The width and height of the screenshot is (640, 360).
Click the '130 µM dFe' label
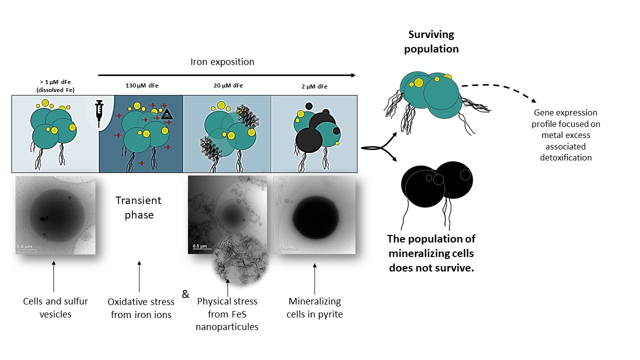(141, 86)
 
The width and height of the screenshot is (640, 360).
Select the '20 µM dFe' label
(227, 86)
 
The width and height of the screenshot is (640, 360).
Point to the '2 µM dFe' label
(314, 86)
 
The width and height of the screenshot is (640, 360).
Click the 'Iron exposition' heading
(222, 62)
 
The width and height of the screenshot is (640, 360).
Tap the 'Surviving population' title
(431, 42)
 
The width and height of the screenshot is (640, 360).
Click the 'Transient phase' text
(138, 207)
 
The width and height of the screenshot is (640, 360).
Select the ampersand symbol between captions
(185, 294)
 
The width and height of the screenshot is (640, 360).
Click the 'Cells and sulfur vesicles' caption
(55, 307)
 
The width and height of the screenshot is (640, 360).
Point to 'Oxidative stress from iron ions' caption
(141, 308)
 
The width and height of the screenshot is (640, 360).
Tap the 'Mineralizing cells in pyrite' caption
(314, 308)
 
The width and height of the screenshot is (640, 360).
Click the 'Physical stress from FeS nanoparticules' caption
(227, 314)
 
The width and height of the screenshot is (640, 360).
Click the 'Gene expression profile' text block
(565, 135)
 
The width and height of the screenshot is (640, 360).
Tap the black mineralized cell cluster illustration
(436, 184)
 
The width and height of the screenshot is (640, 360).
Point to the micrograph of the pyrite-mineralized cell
(314, 214)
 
